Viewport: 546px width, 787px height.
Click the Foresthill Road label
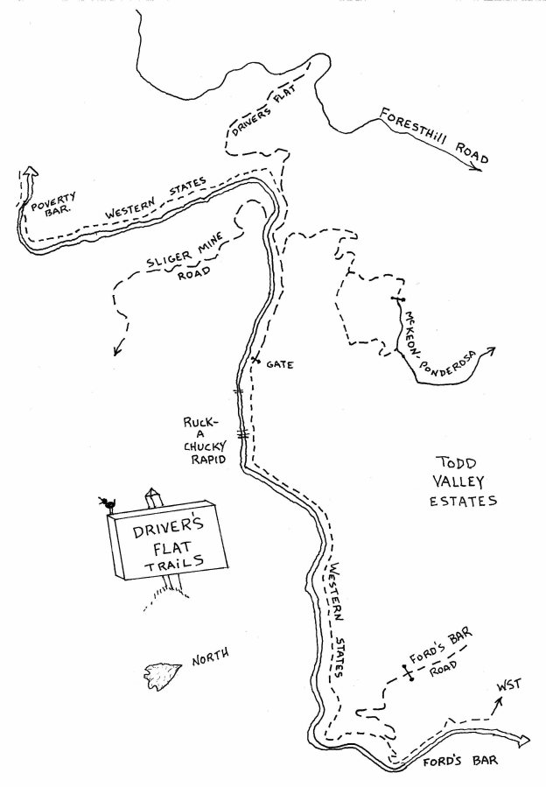pyautogui.click(x=432, y=136)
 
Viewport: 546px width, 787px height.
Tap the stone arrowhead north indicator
pyautogui.click(x=159, y=672)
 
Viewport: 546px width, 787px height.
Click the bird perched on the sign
pyautogui.click(x=108, y=503)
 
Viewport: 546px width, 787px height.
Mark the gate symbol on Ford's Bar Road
pyautogui.click(x=407, y=672)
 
